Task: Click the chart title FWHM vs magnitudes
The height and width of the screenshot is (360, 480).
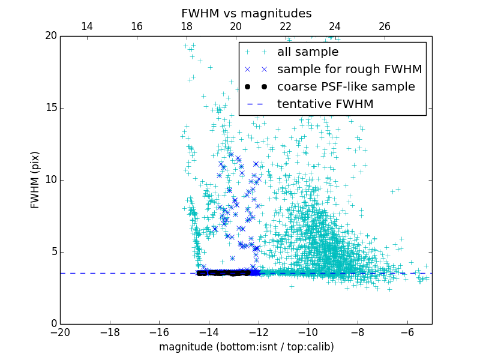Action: pos(246,13)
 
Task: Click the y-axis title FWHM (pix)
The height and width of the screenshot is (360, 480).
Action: pos(35,179)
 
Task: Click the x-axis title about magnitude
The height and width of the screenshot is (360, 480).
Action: pos(246,347)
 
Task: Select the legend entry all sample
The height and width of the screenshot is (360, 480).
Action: pos(308,52)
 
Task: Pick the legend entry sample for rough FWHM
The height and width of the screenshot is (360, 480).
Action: pos(349,70)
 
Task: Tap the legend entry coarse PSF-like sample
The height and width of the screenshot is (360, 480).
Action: pos(346,87)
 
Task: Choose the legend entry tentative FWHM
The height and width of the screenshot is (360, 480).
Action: pos(325,104)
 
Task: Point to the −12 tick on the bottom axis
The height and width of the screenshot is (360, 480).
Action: pos(259,332)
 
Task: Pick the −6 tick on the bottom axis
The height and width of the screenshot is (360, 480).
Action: pos(407,332)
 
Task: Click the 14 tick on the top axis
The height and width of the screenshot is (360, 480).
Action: pos(87,26)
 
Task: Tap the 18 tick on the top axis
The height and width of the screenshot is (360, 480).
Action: pos(186,26)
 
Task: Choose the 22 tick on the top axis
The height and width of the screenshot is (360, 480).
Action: pos(286,26)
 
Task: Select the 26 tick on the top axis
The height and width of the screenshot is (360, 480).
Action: pos(385,26)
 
